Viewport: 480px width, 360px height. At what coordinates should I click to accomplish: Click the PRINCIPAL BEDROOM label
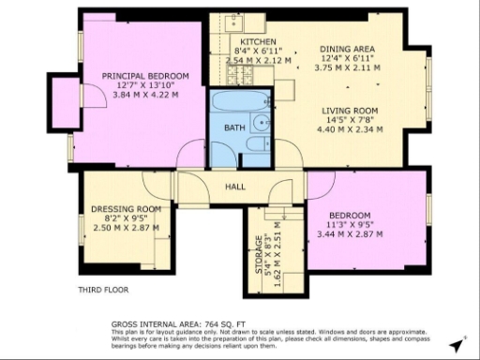click(145, 75)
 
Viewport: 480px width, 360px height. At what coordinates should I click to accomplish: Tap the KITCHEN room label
click(257, 43)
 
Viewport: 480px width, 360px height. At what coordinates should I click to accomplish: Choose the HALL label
click(235, 187)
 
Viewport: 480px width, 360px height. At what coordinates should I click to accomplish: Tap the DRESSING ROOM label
click(127, 209)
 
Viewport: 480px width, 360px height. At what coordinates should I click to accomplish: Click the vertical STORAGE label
click(260, 255)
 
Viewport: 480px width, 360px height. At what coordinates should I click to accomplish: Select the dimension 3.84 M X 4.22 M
click(145, 94)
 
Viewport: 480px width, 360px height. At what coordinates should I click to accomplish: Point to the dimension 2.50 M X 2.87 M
click(127, 228)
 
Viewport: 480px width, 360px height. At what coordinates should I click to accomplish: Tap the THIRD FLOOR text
click(102, 290)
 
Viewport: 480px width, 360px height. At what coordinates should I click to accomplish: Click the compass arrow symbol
click(457, 346)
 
